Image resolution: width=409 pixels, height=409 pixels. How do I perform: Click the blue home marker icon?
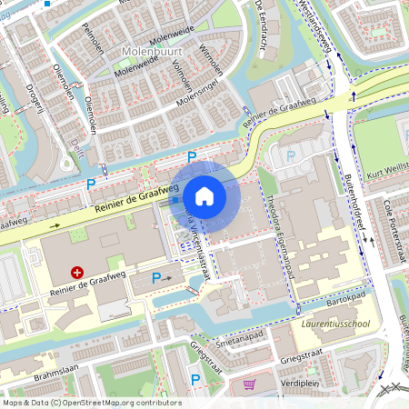[x=204, y=196]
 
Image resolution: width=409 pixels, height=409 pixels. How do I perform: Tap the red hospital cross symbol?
[x=78, y=271]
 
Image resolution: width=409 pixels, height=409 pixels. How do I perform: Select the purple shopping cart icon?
[x=249, y=384]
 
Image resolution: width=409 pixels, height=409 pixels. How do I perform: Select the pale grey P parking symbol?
[x=290, y=155]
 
